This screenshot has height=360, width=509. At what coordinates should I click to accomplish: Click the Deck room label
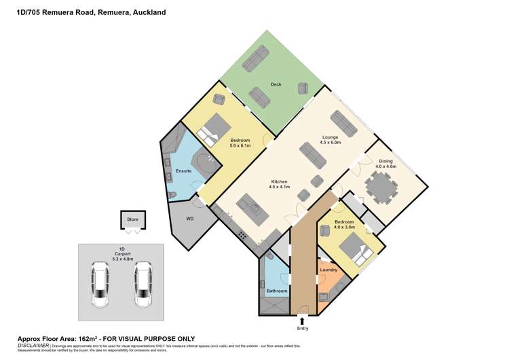(276, 85)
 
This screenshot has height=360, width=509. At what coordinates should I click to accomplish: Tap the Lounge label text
(330, 137)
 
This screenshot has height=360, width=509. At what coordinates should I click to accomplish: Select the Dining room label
(386, 161)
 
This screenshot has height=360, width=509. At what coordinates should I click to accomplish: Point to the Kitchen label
(280, 182)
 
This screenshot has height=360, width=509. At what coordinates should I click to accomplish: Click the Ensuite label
(183, 170)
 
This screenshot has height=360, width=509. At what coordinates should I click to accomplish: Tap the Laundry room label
(328, 270)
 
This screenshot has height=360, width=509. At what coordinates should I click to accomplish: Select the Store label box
(132, 219)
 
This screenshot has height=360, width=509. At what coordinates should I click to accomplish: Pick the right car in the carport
(143, 283)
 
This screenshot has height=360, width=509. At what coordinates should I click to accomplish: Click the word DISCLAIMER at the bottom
(33, 346)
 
